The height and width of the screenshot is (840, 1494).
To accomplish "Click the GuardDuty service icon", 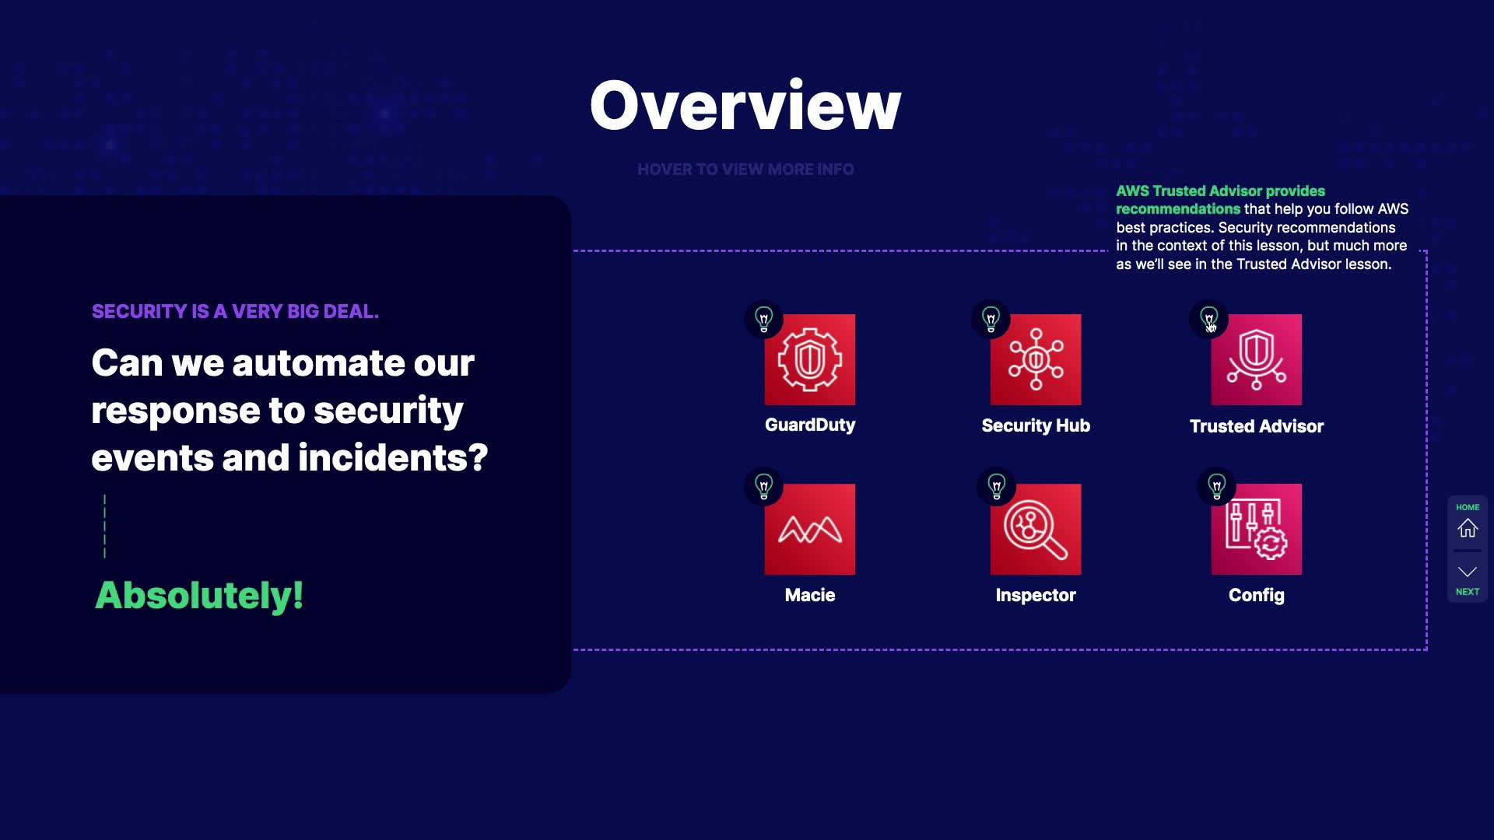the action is coord(809,359).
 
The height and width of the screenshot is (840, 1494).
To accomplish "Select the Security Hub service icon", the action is coord(1036,359).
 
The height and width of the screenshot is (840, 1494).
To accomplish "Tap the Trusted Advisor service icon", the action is coord(1256,359).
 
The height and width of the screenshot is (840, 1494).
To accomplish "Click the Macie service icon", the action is coord(809,529).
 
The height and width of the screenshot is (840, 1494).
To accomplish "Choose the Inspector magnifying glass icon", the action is coord(1036,529).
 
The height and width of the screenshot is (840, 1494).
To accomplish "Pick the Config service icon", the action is coord(1256,529).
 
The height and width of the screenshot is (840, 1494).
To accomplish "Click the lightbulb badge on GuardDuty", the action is coord(764,319).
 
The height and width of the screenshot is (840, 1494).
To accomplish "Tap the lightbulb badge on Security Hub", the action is coord(991,319).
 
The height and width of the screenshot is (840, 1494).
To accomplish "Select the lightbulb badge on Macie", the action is coord(764,487).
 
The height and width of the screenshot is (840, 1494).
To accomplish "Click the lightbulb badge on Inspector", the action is coord(996,487).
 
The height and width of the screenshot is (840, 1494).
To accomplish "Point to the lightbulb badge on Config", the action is coord(1217,487).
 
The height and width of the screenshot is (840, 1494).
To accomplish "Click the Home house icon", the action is coord(1468,528).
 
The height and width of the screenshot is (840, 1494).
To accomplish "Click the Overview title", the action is coord(745,106).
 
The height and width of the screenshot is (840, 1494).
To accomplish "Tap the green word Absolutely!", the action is coord(199,596).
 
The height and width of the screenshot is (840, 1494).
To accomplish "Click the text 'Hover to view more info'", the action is coord(745,170).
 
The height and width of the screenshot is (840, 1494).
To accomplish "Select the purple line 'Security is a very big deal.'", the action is coord(235,311).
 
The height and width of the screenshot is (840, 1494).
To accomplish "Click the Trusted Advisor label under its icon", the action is coord(1256,426).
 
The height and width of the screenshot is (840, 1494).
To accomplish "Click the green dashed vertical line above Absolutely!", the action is coord(104,527).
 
